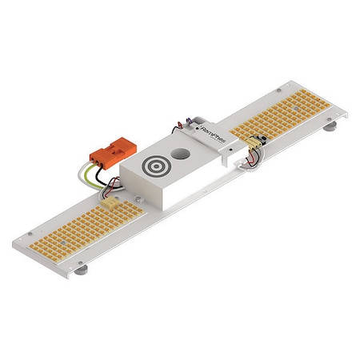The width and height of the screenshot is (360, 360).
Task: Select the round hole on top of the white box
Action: [x=183, y=151]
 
